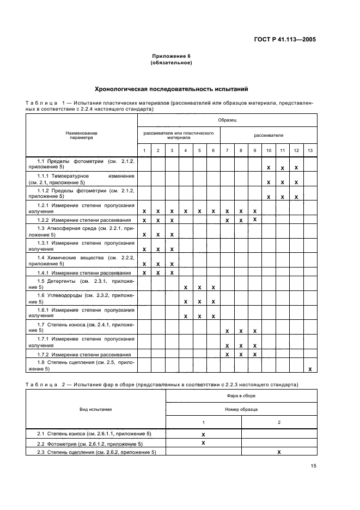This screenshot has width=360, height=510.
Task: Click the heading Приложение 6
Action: tap(172, 56)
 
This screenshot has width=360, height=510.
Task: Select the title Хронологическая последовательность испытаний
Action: tap(172, 88)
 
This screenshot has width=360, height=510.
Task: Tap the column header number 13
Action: tap(310, 150)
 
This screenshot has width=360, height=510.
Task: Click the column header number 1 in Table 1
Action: tap(144, 150)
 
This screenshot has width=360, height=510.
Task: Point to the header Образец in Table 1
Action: tap(227, 119)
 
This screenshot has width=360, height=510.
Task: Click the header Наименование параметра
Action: tap(82, 135)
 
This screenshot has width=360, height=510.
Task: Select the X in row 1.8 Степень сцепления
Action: tap(310, 369)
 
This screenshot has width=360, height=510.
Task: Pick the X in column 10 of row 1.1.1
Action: tap(269, 182)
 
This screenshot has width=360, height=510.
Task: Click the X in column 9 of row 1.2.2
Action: tap(254, 219)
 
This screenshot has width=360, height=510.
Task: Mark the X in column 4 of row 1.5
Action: tap(186, 287)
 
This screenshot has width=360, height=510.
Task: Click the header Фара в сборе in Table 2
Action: tap(241, 396)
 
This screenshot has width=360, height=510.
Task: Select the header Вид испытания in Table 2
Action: tap(96, 409)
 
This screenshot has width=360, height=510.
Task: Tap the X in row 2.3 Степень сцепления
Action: tap(279, 452)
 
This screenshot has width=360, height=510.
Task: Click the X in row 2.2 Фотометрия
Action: tap(203, 443)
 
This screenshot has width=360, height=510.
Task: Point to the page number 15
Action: tap(313, 466)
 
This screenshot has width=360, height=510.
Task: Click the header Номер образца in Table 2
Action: tap(241, 409)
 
